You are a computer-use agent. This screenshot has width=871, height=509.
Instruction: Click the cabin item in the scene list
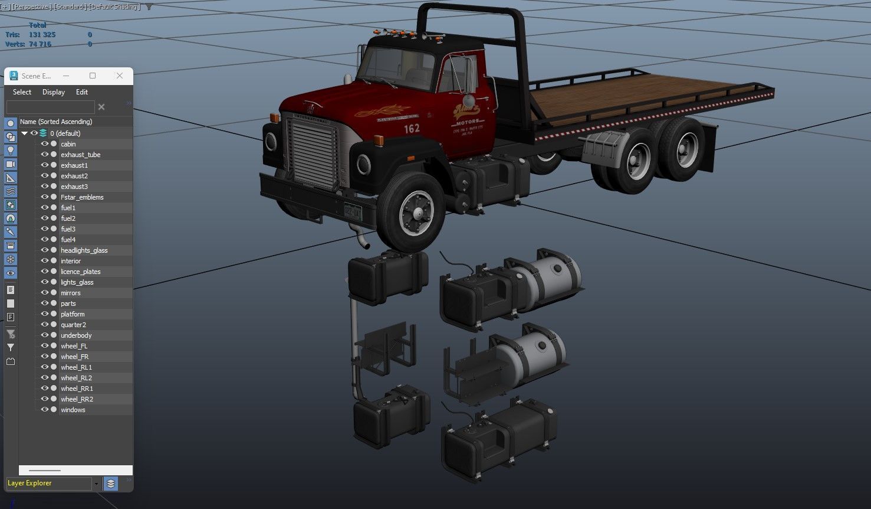point(68,144)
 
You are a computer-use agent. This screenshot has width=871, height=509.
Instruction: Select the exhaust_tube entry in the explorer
point(80,155)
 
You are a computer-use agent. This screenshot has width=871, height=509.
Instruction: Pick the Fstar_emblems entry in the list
point(82,197)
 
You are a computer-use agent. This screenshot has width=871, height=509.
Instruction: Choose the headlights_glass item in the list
point(84,250)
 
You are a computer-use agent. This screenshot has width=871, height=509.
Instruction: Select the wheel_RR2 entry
point(77,399)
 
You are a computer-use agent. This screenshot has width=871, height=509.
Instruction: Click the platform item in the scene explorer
point(73,314)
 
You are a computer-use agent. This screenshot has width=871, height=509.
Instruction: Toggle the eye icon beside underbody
point(44,335)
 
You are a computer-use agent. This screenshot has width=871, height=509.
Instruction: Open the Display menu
point(54,92)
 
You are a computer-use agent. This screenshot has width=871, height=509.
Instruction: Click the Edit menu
point(82,92)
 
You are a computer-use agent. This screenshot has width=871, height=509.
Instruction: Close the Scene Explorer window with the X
point(120,76)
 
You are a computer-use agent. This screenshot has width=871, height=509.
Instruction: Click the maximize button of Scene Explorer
point(93,76)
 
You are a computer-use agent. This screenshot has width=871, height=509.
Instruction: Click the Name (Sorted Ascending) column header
point(56,122)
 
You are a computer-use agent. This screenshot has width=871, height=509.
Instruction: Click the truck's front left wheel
point(410,211)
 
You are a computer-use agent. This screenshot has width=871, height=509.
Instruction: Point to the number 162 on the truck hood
point(412,128)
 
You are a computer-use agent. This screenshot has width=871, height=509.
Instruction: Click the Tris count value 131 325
point(42,35)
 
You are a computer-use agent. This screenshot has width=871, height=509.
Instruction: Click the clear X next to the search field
point(101,107)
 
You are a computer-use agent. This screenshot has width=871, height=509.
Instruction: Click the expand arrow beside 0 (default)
point(24,133)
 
